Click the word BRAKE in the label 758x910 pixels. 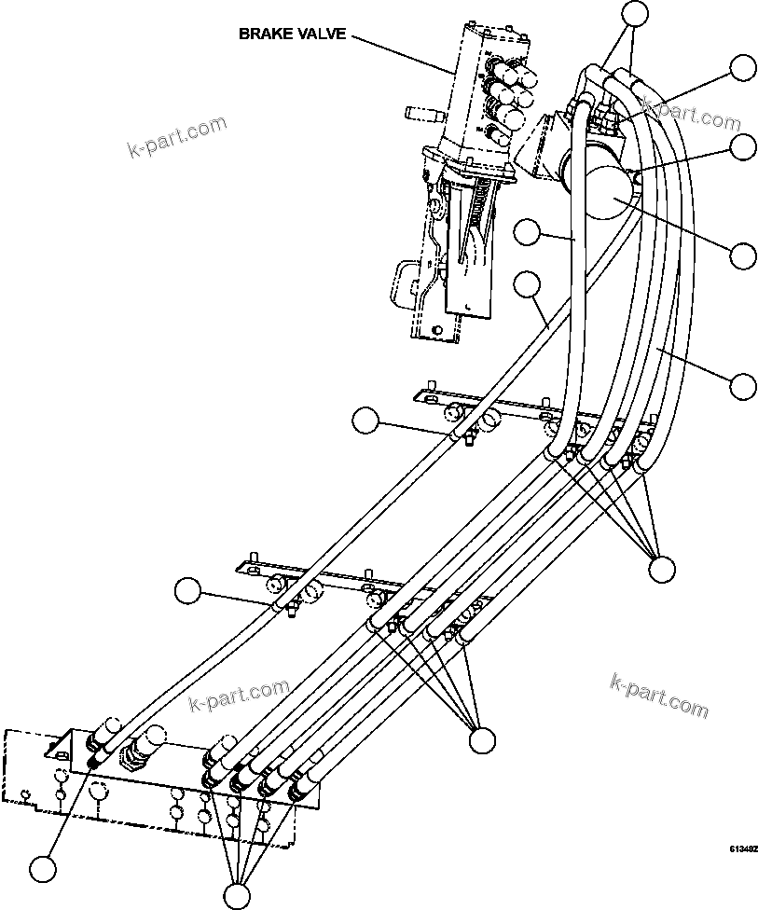tap(263, 34)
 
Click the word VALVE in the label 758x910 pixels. tap(323, 34)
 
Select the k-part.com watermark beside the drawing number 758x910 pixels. tap(657, 695)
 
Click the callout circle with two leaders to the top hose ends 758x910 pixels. tap(635, 12)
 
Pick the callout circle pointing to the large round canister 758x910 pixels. tap(743, 254)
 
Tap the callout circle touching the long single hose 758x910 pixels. tap(529, 283)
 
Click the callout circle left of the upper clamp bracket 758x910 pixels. tap(365, 421)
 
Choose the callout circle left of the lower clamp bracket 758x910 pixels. tap(189, 590)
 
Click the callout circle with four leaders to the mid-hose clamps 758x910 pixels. tap(482, 740)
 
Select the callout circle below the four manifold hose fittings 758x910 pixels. tap(238, 895)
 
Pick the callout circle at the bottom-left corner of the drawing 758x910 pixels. tap(42, 869)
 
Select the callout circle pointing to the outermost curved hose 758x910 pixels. tap(743, 384)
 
